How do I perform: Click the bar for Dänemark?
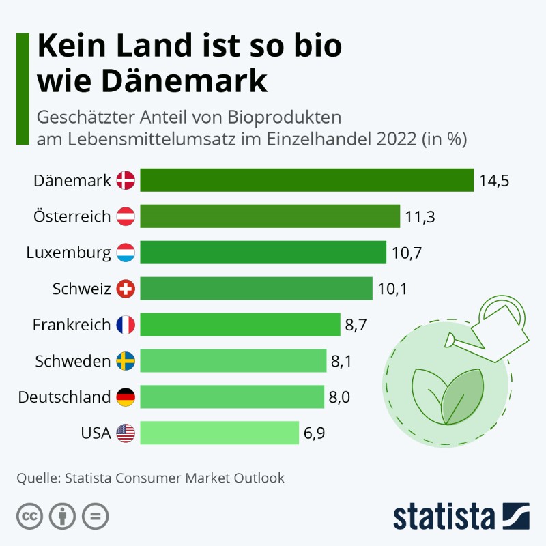(307, 180)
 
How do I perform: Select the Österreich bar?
(270, 216)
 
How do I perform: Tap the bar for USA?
(220, 433)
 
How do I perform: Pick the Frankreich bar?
(240, 324)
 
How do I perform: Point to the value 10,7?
(407, 253)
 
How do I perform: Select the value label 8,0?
(340, 397)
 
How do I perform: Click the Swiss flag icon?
(126, 289)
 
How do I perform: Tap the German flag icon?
(126, 397)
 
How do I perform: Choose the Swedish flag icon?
(126, 360)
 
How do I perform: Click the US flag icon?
(126, 433)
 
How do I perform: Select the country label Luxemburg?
(68, 253)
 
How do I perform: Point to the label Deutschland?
(64, 397)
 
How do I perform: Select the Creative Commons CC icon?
(29, 516)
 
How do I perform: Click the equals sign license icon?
(95, 516)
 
